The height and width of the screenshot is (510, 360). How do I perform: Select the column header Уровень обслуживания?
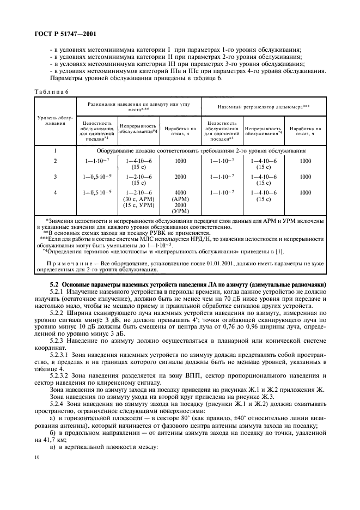[x=55, y=121]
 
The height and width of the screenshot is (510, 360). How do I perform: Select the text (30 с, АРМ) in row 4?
[x=138, y=199]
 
